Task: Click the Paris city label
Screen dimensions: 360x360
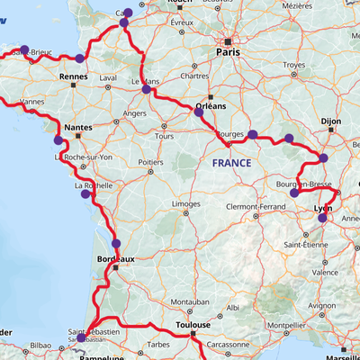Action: [229, 53]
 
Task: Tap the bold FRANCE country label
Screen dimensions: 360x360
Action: [232, 164]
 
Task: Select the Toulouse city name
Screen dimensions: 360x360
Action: [193, 324]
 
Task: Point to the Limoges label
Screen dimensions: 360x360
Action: [186, 204]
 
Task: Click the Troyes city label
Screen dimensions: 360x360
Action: [293, 65]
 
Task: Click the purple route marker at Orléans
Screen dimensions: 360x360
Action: [199, 112]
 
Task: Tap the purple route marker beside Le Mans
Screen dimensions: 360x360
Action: [147, 89]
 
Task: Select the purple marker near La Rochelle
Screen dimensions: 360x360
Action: [85, 193]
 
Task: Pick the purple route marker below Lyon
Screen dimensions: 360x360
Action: [322, 218]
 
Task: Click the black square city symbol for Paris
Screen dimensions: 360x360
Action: [229, 41]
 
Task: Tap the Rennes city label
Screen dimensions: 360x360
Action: [72, 77]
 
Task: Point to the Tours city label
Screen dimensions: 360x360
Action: [164, 136]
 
